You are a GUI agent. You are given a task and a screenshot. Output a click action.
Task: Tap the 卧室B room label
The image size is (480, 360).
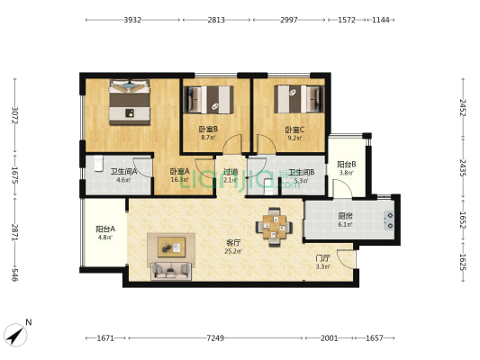[x=207, y=129]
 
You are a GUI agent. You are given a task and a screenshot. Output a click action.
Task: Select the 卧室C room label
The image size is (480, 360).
[x=294, y=129]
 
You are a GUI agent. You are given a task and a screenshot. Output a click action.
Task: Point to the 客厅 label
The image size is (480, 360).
[x=233, y=242]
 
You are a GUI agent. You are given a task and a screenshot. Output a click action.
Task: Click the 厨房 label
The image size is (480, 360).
[x=345, y=215]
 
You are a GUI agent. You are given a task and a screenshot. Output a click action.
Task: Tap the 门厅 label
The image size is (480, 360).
[x=322, y=257]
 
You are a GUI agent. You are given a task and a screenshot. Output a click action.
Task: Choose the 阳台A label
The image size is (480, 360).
[x=105, y=229]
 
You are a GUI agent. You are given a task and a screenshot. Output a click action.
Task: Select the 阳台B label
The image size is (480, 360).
[x=347, y=164]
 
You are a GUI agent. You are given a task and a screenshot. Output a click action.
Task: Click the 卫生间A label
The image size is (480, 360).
[x=123, y=171]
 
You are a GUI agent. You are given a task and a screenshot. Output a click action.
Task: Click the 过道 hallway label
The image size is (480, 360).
[x=231, y=171]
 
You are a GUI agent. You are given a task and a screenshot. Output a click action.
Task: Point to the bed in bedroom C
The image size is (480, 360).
[x=297, y=98]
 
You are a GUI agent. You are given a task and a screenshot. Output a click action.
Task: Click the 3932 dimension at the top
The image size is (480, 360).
[x=132, y=19]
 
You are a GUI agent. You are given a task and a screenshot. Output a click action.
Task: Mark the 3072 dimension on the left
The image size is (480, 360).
[x=15, y=116]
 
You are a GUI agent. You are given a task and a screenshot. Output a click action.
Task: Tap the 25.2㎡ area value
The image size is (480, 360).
[x=233, y=252]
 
